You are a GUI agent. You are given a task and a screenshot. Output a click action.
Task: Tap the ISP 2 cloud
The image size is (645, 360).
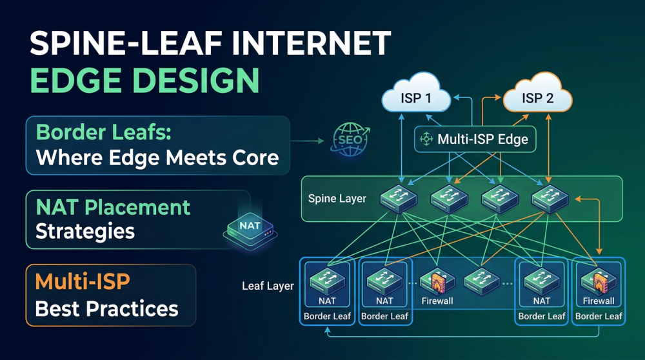pos(537,99)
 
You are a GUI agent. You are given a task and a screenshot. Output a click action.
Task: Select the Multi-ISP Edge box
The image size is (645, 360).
pos(475,139)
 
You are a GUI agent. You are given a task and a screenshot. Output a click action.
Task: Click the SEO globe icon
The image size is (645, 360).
pos(349,139)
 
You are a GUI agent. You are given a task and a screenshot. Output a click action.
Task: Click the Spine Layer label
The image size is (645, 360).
pos(337,198)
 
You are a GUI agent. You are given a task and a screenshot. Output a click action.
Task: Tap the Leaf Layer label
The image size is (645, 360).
pos(268,285)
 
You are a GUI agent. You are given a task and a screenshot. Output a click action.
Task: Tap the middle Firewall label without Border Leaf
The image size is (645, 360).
pos(437,301)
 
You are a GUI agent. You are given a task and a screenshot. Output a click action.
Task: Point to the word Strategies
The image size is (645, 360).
pos(85,231)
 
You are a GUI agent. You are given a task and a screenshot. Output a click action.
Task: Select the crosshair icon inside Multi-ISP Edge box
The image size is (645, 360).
pos(426,139)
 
